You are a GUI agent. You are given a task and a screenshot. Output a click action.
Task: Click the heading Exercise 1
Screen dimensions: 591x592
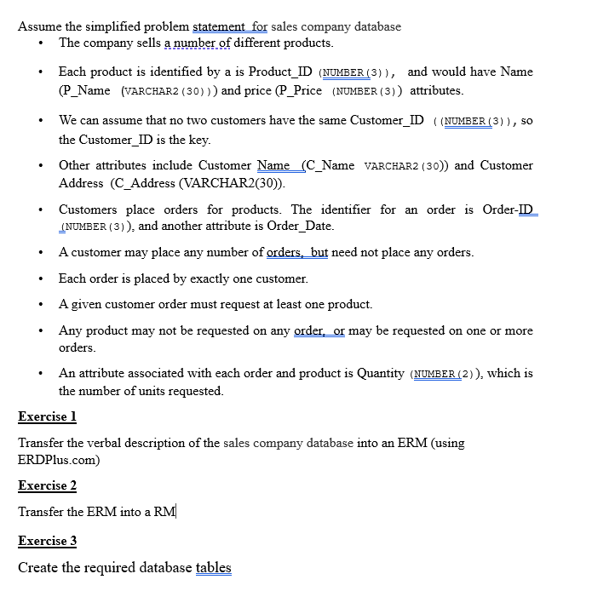pos(48,417)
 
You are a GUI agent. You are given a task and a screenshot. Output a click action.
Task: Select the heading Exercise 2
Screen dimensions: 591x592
pos(48,485)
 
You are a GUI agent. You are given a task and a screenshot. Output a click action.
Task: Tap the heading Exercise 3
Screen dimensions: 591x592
pos(48,541)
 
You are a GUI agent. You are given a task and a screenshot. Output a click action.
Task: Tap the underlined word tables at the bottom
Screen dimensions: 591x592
pos(213,568)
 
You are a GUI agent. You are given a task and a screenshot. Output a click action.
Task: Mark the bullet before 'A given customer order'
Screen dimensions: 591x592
pos(42,305)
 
